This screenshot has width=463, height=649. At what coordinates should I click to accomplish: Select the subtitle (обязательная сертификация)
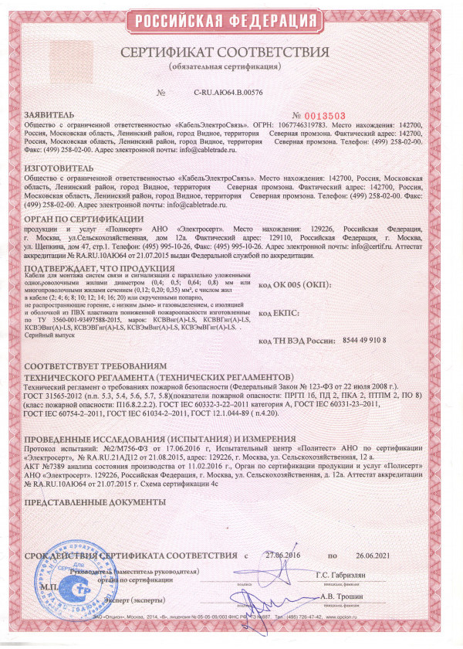231,67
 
